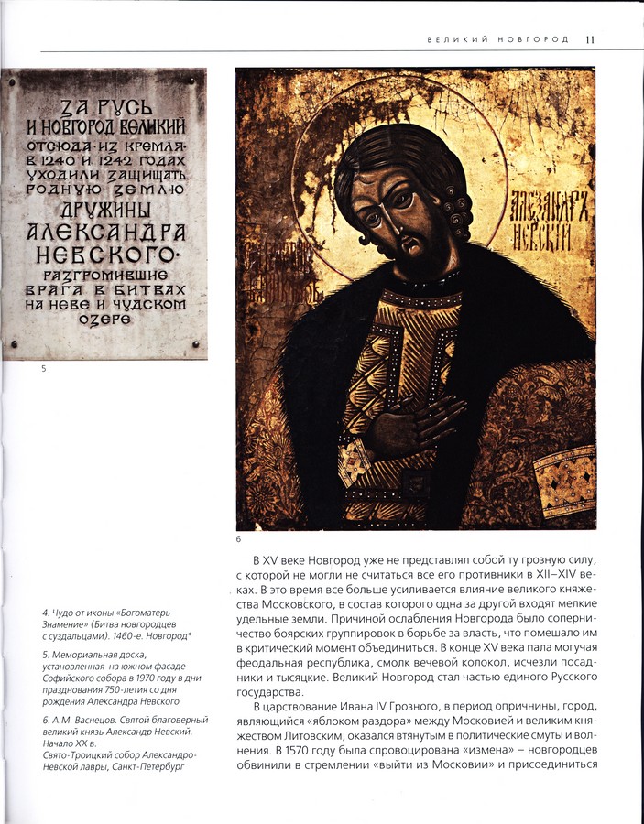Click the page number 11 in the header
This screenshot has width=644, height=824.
(591, 39)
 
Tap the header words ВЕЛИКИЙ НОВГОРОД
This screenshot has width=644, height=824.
(498, 39)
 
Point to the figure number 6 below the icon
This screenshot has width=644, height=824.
(239, 538)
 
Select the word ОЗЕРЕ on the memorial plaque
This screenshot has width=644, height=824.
(106, 319)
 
